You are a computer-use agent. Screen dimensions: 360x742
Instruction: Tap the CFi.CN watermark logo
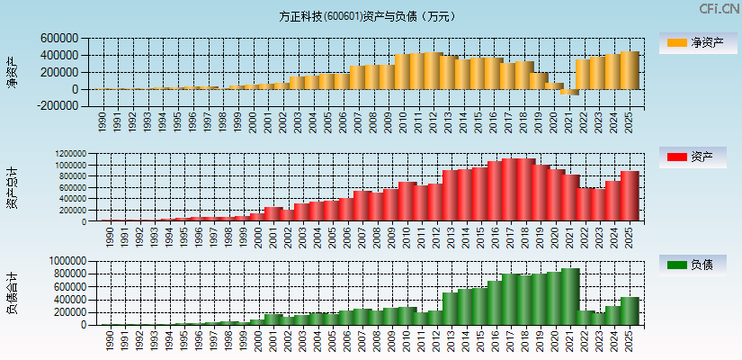(720, 9)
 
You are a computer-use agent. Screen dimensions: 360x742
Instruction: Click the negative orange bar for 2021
(568, 92)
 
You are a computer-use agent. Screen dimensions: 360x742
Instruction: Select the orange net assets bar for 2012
(433, 70)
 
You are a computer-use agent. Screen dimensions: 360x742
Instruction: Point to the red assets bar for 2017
(508, 190)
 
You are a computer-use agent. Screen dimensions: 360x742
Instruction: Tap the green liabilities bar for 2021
(568, 296)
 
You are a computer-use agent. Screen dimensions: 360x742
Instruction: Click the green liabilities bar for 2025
(629, 310)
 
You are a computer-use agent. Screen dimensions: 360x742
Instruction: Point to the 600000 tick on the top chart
(58, 39)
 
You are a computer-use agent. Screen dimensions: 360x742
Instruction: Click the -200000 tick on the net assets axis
(56, 105)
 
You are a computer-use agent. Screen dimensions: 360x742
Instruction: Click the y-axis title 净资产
(12, 71)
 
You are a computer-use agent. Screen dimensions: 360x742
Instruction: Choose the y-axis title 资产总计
(12, 187)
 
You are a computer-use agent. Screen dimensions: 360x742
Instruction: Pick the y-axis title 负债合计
(12, 292)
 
